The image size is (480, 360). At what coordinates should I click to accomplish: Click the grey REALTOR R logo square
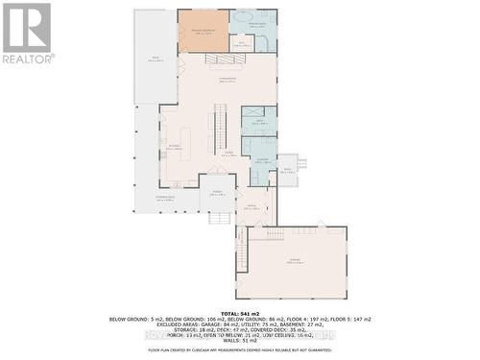click(x=26, y=27)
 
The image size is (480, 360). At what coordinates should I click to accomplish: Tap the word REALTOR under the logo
click(x=27, y=58)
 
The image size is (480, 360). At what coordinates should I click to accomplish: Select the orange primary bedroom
click(x=204, y=31)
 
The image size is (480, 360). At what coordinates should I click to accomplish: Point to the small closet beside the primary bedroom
click(x=241, y=43)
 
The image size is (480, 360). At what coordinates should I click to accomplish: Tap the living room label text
click(x=228, y=80)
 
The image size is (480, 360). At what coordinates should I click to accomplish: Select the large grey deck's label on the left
click(x=156, y=60)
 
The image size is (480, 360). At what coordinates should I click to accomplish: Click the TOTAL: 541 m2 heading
click(x=240, y=313)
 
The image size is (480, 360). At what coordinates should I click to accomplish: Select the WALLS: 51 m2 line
click(x=240, y=340)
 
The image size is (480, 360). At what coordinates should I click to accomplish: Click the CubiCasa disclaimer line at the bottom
click(x=240, y=350)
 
